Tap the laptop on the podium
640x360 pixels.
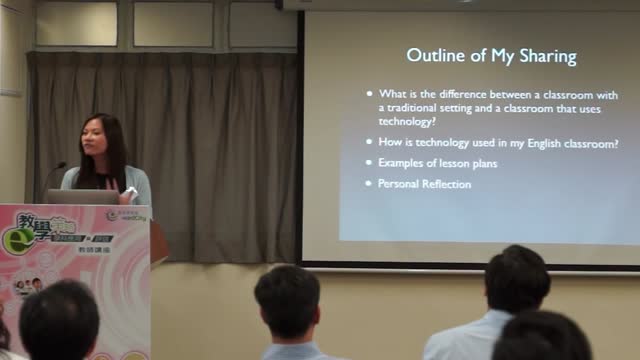coord(82,196)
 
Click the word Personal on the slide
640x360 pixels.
coord(398,184)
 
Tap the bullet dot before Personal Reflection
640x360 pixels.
coord(368,184)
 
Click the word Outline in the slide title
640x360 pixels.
coord(431,55)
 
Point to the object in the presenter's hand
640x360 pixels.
coord(129,190)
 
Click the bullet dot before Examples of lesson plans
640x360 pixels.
coord(368,162)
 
